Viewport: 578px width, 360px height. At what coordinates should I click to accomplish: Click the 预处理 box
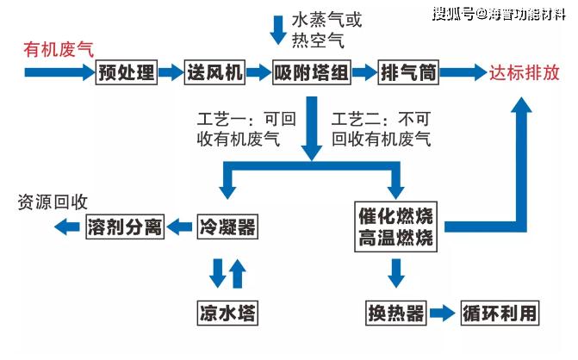click(127, 73)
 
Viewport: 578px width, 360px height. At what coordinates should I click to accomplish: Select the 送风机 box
click(214, 73)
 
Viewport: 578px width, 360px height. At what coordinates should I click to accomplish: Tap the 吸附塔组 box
click(311, 73)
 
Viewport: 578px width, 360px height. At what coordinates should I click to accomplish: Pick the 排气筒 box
click(408, 73)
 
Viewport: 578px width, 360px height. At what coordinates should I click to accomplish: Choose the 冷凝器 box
click(227, 227)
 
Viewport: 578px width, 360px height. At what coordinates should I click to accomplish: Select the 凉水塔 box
click(227, 312)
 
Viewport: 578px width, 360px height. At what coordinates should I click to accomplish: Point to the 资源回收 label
click(53, 203)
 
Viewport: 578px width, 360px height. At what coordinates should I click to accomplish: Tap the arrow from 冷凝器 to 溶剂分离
click(180, 227)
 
